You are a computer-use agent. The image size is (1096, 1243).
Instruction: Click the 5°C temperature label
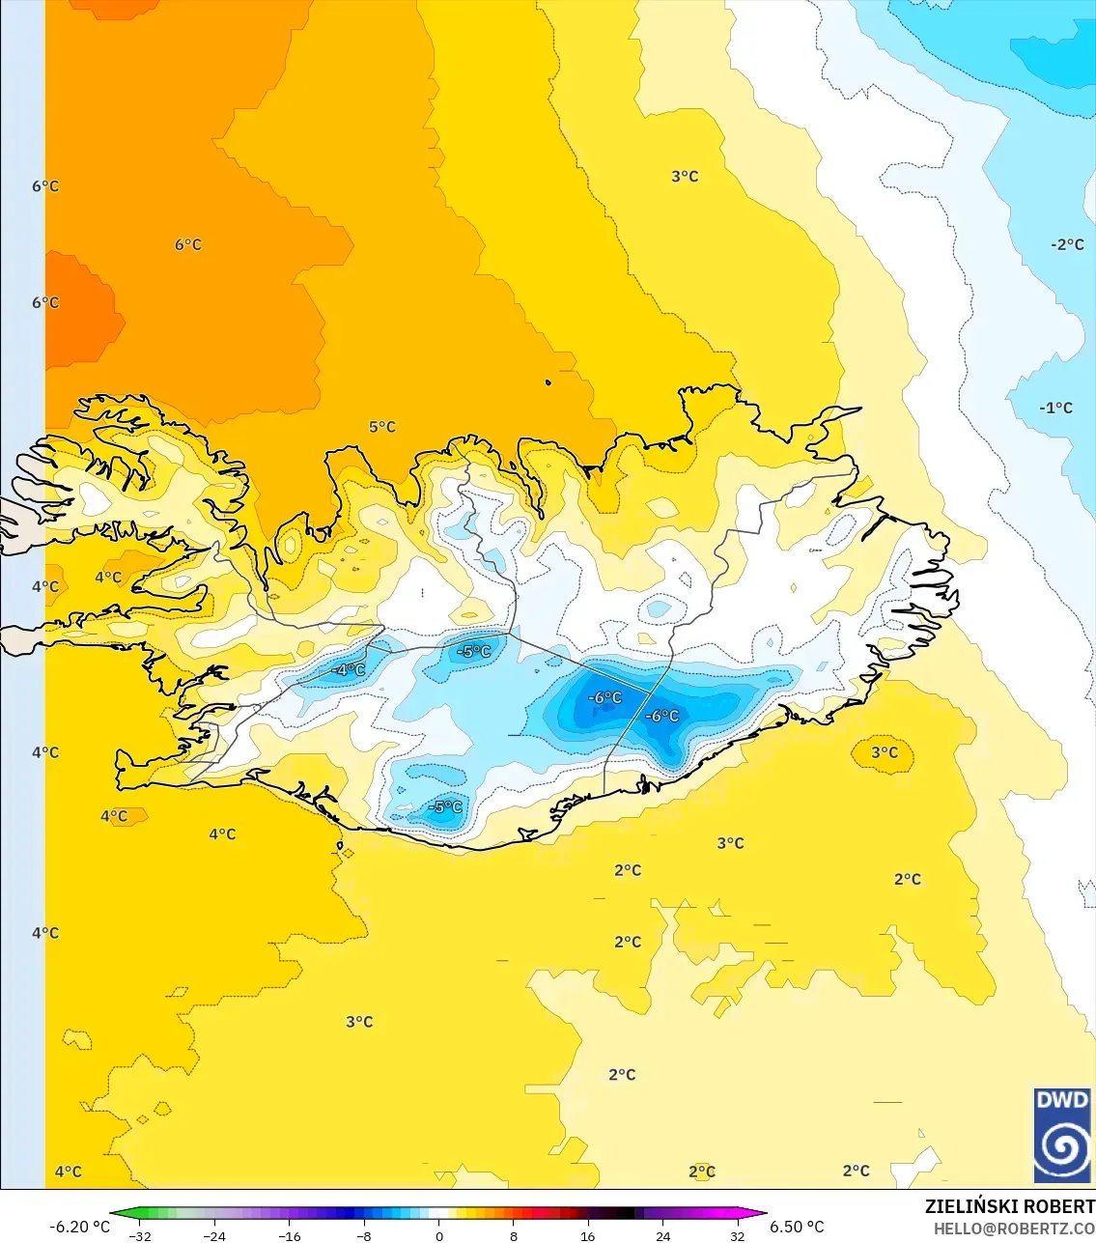click(x=381, y=427)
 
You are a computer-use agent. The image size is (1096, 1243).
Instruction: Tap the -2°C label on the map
click(x=1067, y=245)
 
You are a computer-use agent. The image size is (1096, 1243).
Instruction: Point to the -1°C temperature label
click(x=1055, y=409)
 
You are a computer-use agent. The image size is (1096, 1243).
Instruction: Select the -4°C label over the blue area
click(x=348, y=669)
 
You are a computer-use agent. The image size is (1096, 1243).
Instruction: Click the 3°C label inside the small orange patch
click(x=884, y=752)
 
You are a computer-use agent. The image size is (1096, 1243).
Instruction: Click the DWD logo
click(x=1062, y=1135)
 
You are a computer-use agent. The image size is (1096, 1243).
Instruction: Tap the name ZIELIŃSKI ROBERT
click(x=1009, y=1206)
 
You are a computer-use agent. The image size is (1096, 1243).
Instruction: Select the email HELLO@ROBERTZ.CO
click(x=1014, y=1229)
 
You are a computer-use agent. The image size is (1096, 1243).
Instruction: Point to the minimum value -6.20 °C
click(x=79, y=1227)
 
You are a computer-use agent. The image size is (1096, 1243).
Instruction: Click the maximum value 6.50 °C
click(x=797, y=1227)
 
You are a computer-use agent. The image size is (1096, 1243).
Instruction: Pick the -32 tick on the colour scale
click(x=140, y=1236)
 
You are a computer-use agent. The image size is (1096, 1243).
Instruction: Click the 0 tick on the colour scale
click(x=439, y=1236)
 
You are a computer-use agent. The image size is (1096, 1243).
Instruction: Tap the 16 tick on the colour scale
click(x=587, y=1236)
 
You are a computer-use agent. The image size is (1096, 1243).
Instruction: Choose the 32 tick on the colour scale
click(x=737, y=1236)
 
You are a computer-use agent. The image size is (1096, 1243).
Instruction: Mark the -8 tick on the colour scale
click(x=364, y=1236)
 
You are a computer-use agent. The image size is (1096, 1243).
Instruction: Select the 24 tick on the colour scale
click(x=662, y=1236)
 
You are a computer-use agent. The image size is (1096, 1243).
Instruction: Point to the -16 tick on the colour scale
click(x=290, y=1236)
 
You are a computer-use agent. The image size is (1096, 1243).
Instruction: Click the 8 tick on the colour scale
click(x=513, y=1236)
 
